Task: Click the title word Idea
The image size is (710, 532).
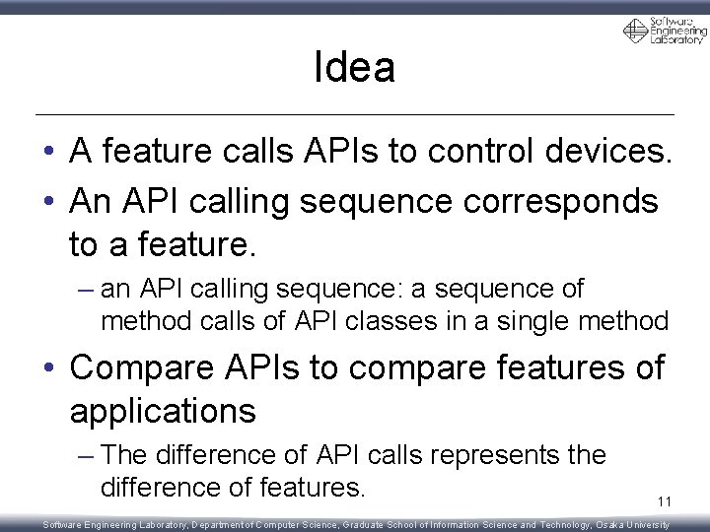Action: [x=354, y=67]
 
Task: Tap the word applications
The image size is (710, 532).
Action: [x=163, y=411]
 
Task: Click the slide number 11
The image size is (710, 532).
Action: [x=665, y=502]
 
